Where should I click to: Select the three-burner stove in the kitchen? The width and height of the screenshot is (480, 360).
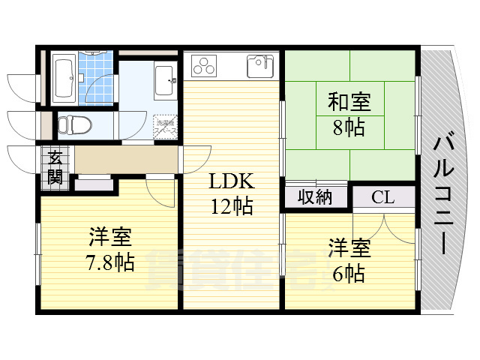204,66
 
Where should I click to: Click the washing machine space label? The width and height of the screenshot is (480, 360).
166,127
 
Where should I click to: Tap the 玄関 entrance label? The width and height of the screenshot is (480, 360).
56,167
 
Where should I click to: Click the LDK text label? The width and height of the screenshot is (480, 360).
231,181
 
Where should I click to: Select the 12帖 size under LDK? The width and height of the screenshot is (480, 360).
231,205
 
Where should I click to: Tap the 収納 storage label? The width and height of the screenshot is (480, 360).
316,197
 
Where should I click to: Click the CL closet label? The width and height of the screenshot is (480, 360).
383,197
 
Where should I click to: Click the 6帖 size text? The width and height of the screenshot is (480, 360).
349,272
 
